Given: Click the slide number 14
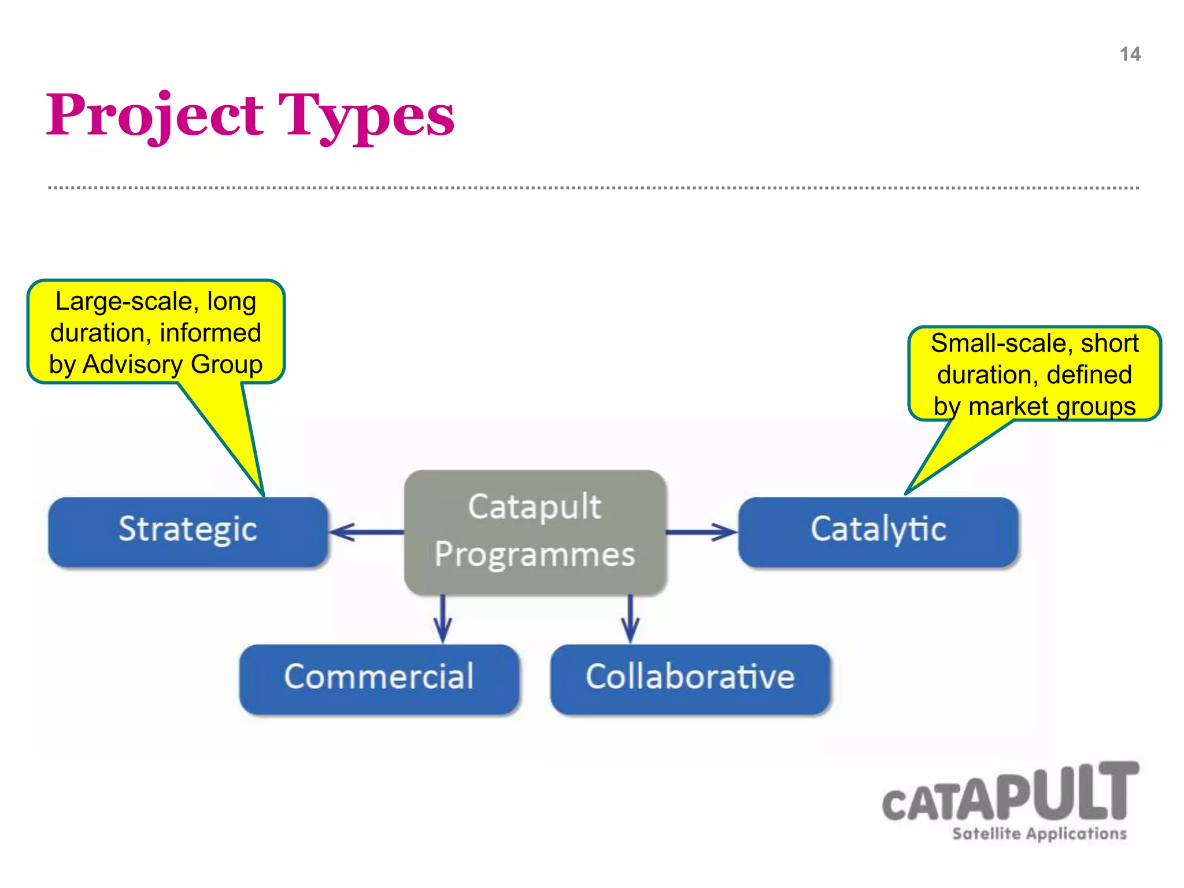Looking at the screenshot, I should pyautogui.click(x=1130, y=54).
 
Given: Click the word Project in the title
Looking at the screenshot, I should pyautogui.click(x=155, y=116).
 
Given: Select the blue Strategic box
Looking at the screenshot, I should pyautogui.click(x=188, y=531).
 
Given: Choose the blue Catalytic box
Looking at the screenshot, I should pyautogui.click(x=878, y=531).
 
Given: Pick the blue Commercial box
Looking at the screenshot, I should pyautogui.click(x=379, y=678).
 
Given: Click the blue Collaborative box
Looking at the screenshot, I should pyautogui.click(x=690, y=678).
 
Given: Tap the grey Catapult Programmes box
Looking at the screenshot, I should pyautogui.click(x=535, y=531).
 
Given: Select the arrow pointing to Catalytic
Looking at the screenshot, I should pyautogui.click(x=701, y=532).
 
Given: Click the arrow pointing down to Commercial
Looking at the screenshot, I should pyautogui.click(x=443, y=619).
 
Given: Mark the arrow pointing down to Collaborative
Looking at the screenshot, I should pyautogui.click(x=630, y=619).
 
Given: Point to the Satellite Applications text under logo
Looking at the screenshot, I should pyautogui.click(x=1039, y=834).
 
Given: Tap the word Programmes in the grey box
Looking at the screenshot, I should pyautogui.click(x=535, y=555).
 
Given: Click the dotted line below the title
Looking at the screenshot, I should pyautogui.click(x=593, y=188).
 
